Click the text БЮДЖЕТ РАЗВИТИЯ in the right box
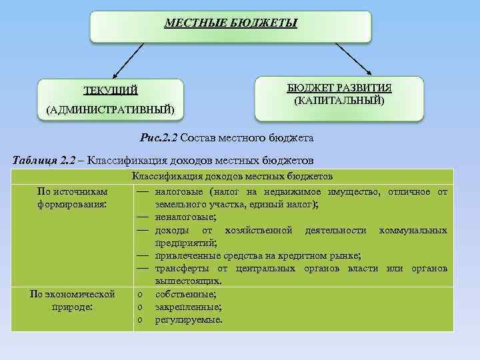[x=339, y=89]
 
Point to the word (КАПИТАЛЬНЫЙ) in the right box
[x=339, y=101]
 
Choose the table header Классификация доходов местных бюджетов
[x=232, y=176]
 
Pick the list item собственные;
[x=185, y=294]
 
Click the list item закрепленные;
[x=188, y=307]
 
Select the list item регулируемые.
[x=189, y=319]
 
